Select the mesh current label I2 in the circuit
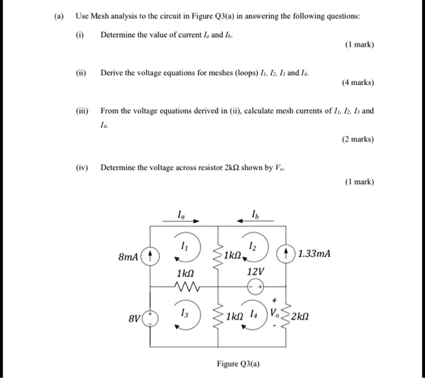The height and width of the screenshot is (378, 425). tap(253, 242)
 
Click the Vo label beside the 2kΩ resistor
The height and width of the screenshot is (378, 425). tap(276, 315)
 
